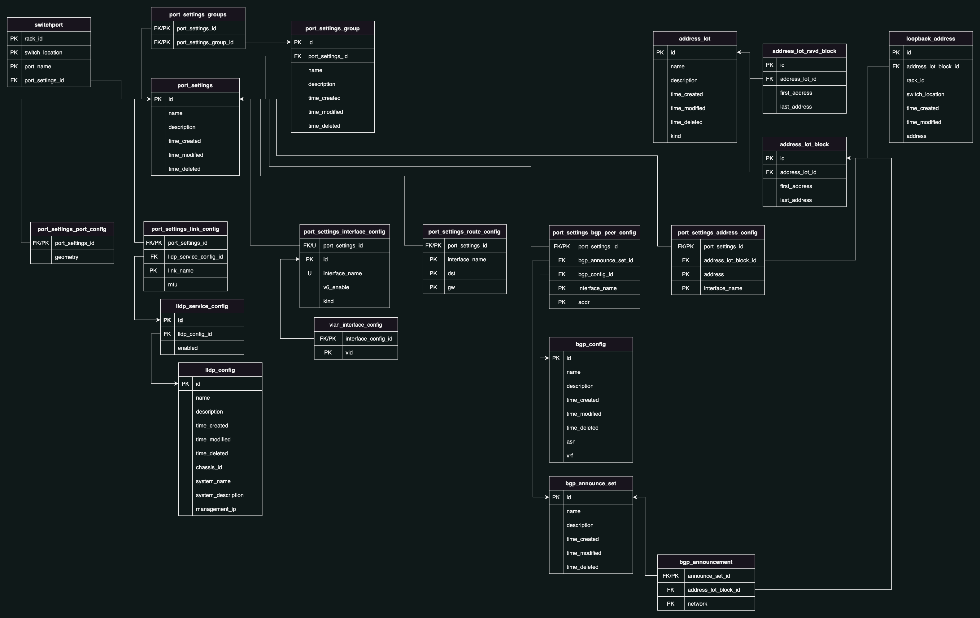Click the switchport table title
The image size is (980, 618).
(49, 25)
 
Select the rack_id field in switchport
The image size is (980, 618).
(33, 39)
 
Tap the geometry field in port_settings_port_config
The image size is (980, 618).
(67, 257)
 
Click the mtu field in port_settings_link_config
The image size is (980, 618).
(172, 285)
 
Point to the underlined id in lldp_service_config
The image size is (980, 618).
(180, 320)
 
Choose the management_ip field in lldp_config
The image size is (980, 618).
(216, 509)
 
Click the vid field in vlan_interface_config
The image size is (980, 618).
(349, 353)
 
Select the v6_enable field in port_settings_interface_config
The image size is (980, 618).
(336, 287)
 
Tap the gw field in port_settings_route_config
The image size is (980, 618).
(451, 287)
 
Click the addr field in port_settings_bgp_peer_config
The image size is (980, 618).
(584, 302)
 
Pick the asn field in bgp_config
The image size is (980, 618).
(571, 442)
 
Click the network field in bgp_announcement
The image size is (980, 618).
(698, 604)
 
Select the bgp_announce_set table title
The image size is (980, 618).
(590, 483)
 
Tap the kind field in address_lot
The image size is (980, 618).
(676, 136)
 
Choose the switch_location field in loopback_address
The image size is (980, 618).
(925, 94)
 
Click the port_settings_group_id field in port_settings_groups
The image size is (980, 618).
(205, 42)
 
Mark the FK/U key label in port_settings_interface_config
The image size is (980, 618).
(310, 246)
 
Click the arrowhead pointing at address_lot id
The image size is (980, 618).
(739, 53)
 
